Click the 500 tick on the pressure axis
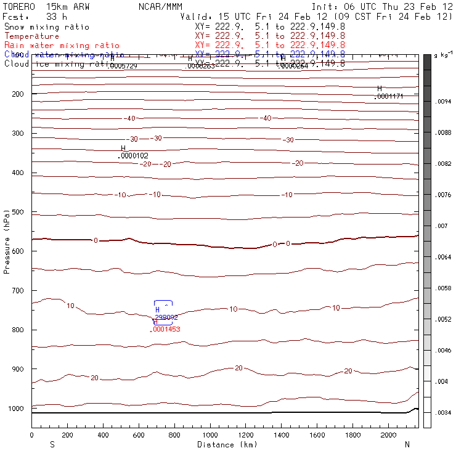(x=19, y=212)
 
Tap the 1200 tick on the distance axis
(x=246, y=435)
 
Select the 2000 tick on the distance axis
(x=389, y=435)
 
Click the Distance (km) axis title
(x=226, y=444)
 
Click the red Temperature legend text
(x=31, y=36)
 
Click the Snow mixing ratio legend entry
(x=46, y=27)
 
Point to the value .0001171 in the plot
(x=389, y=96)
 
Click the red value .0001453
(x=165, y=330)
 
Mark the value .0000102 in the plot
(x=132, y=156)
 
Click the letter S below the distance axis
(x=52, y=444)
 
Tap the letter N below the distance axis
(x=407, y=444)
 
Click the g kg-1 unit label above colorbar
(x=443, y=55)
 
